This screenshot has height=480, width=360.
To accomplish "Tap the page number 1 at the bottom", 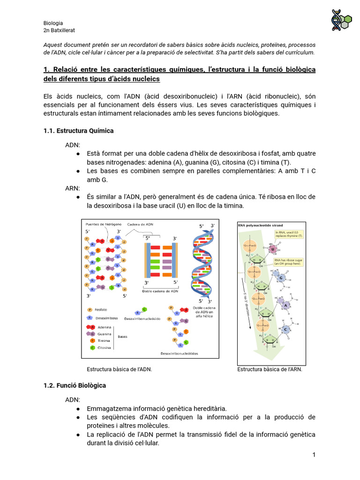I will [x=314, y=455].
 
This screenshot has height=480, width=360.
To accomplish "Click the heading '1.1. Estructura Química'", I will [x=78, y=131].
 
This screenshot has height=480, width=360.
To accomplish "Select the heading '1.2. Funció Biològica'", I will [x=75, y=385].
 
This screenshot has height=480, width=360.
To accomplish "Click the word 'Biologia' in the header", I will [x=53, y=23].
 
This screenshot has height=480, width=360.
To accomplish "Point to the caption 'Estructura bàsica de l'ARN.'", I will [x=270, y=369].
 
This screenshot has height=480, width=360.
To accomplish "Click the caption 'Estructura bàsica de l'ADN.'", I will [x=116, y=369].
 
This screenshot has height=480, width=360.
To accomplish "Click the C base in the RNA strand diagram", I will [x=285, y=329].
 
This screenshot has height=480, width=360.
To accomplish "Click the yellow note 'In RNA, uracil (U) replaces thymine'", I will [x=289, y=234].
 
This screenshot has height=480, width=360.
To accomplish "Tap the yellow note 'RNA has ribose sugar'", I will [x=289, y=262].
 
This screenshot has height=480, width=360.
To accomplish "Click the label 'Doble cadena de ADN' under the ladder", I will [x=160, y=291].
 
